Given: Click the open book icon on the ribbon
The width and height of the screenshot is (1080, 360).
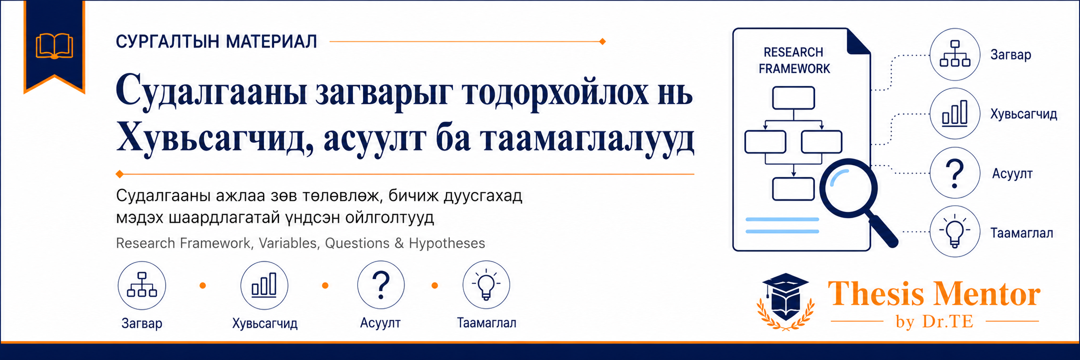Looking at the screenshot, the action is (54, 46).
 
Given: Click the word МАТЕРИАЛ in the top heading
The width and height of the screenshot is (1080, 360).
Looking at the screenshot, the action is (271, 42).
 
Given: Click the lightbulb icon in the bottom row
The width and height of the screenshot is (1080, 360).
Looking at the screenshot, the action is (486, 285).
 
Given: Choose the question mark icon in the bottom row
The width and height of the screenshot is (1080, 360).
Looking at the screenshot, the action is (381, 285).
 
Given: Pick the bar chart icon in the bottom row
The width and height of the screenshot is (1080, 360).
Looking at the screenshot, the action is (264, 285).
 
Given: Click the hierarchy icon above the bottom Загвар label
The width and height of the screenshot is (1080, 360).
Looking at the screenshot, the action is (142, 285).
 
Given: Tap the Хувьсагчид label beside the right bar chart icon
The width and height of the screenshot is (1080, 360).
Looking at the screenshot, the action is (1024, 114).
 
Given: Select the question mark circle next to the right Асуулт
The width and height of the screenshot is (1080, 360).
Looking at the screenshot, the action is (955, 173).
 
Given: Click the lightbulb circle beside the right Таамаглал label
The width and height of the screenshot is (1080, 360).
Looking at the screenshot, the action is (955, 232).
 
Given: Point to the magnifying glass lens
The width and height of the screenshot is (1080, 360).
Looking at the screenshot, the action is (848, 188).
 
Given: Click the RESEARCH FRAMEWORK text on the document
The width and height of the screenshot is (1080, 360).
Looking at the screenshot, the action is (794, 60).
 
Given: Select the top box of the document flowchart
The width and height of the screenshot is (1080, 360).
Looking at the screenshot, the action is (794, 97).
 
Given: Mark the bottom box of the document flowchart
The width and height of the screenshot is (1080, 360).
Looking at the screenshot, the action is (794, 189).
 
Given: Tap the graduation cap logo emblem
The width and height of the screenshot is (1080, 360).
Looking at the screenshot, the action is (786, 301).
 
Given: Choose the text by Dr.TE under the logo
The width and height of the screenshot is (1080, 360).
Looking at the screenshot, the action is (934, 322).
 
